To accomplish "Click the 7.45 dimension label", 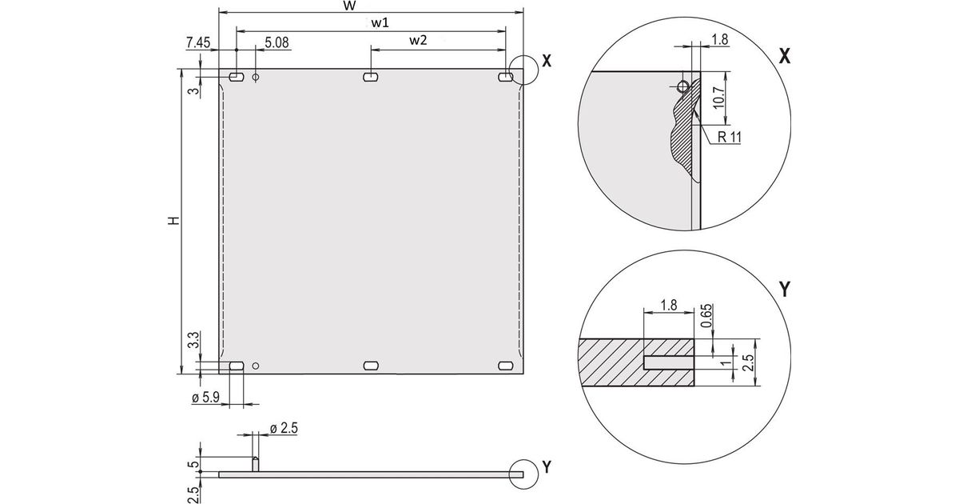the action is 198,42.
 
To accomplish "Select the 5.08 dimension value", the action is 277,42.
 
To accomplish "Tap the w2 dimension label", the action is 418,40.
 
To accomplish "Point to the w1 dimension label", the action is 380,22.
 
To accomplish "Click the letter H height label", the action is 173,221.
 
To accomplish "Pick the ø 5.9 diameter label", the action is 205,398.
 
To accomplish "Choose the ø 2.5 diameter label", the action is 284,428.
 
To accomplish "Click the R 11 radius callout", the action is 729,137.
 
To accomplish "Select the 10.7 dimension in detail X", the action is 719,98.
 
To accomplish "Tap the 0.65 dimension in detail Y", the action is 706,316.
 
